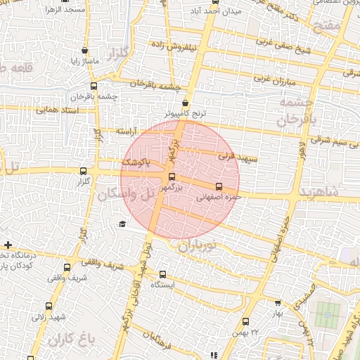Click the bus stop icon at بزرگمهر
(x=172, y=177)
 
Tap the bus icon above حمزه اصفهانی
(x=219, y=187)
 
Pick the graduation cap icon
(x=122, y=224)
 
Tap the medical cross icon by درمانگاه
(x=8, y=245)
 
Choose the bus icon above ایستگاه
(x=163, y=275)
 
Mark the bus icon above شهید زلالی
(x=49, y=305)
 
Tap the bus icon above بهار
(x=278, y=302)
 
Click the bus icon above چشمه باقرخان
(x=75, y=85)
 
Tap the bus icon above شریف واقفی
(x=67, y=267)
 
